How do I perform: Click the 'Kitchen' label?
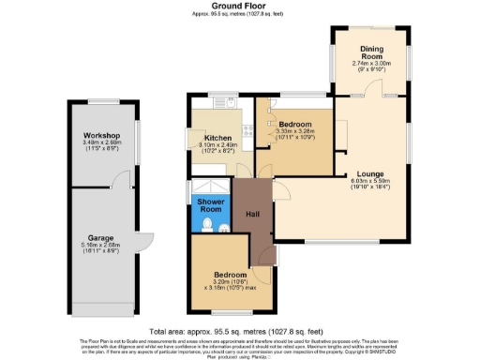(x=217, y=137)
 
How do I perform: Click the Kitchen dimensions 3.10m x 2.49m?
(x=217, y=145)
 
